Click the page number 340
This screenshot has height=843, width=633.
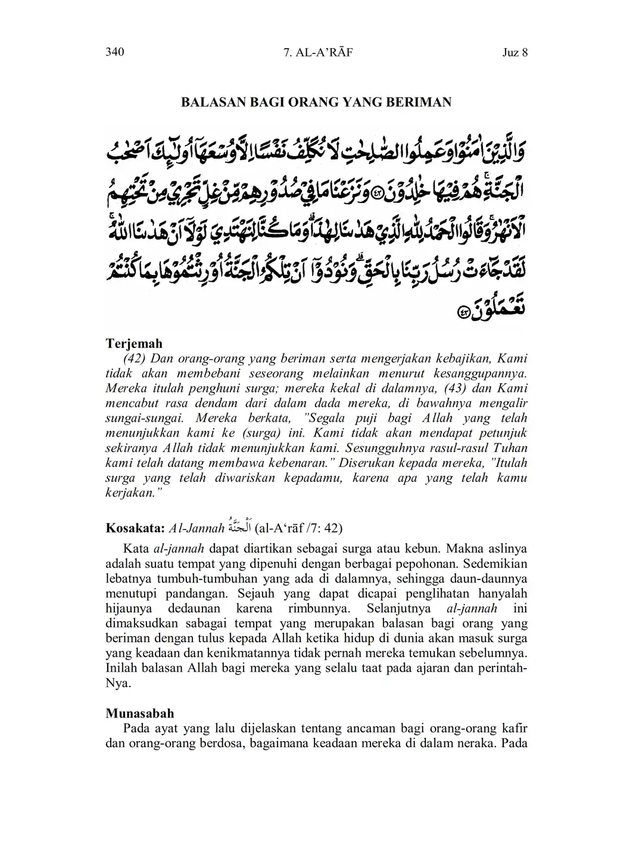click(114, 52)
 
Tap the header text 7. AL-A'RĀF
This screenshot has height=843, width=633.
click(318, 53)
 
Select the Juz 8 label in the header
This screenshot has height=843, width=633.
click(515, 53)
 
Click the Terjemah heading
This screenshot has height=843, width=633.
click(134, 344)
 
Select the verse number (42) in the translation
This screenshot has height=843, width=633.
click(135, 359)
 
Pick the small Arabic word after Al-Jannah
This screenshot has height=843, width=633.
click(239, 527)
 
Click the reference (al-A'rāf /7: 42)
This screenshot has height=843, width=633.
click(298, 528)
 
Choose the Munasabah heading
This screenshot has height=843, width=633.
click(140, 713)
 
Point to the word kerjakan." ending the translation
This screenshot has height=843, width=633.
click(130, 493)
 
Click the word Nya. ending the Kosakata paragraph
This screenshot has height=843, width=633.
click(118, 683)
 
